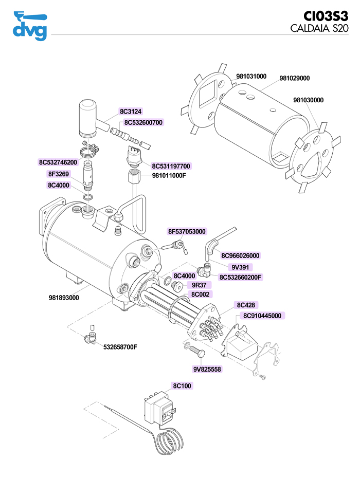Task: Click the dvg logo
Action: [x=29, y=26]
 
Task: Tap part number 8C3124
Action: [x=131, y=112]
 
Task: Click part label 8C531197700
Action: [x=171, y=166]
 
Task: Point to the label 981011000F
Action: [x=169, y=175]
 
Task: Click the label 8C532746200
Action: [x=58, y=162]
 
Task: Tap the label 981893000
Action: [x=64, y=298]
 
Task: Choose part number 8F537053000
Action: [x=187, y=232]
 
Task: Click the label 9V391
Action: [x=240, y=267]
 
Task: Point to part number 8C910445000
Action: [x=262, y=316]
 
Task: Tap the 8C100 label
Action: [x=182, y=385]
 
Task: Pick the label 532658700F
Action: [x=120, y=347]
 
